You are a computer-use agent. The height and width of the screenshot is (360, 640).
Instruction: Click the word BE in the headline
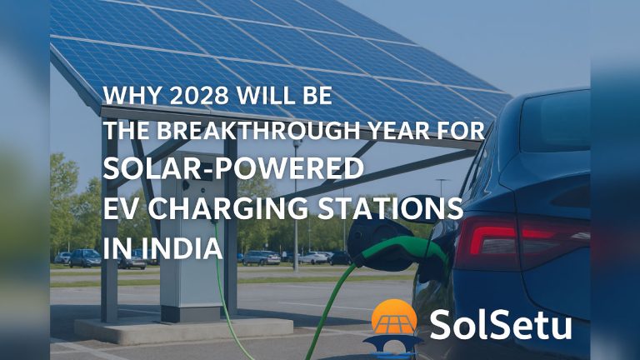point(317,97)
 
